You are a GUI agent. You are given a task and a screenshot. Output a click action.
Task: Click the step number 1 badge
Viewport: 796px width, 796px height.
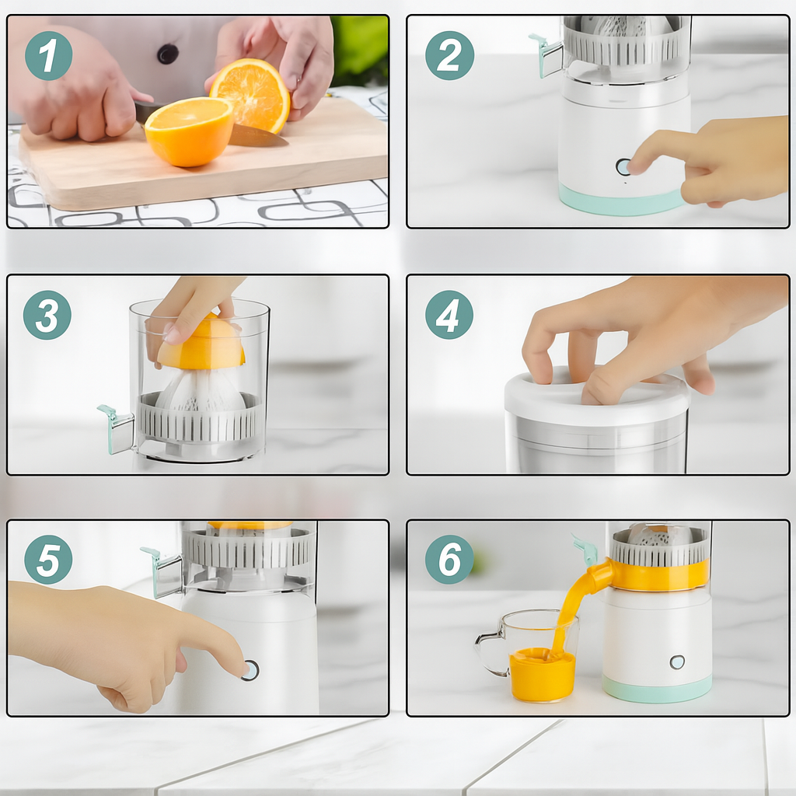[49, 55]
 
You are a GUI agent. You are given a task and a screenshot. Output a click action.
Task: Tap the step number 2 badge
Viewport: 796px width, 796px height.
[450, 55]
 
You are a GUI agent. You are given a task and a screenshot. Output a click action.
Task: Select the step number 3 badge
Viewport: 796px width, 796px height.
[47, 315]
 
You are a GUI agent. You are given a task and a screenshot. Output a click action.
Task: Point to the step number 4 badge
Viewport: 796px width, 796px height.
[449, 315]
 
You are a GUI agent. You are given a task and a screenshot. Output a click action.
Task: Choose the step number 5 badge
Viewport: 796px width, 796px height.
[48, 560]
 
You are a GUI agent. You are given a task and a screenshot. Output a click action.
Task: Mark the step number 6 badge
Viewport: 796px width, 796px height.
[449, 560]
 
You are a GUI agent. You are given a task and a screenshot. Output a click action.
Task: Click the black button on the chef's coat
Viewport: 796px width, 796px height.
[168, 54]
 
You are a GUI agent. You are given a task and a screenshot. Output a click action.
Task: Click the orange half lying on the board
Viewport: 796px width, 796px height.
[189, 131]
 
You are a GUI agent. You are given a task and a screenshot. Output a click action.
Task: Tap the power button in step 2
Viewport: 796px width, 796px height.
[623, 166]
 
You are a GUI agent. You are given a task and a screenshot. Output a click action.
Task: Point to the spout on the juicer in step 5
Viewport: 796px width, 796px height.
[161, 571]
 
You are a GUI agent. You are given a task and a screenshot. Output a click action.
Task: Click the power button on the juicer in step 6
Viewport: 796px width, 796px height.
[677, 662]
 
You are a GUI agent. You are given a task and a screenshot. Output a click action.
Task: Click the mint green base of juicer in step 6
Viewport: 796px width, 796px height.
[658, 689]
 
